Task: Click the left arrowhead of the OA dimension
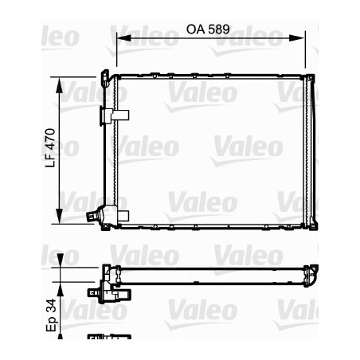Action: coord(121,37)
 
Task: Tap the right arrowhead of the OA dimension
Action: coord(302,37)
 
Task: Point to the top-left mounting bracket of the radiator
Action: coord(106,76)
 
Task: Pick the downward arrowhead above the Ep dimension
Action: coord(61,268)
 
